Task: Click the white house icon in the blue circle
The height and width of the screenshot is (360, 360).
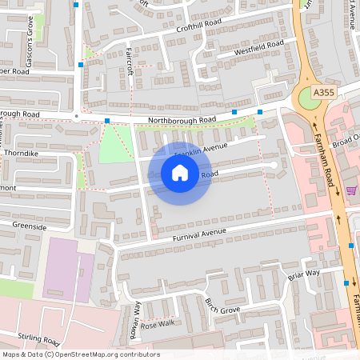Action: (x=180, y=173)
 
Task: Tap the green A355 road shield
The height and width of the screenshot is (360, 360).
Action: (x=324, y=93)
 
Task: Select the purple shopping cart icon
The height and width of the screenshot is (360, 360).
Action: (x=351, y=190)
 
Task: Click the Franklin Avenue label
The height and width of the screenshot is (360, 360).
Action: (x=201, y=149)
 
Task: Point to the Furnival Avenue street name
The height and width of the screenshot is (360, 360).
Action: (x=199, y=234)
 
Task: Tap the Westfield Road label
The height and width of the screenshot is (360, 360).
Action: (x=258, y=48)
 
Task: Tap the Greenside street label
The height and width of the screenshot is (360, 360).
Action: (x=30, y=226)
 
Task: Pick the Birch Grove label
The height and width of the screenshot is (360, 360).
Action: (x=222, y=306)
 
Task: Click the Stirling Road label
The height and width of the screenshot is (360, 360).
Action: (x=38, y=338)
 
